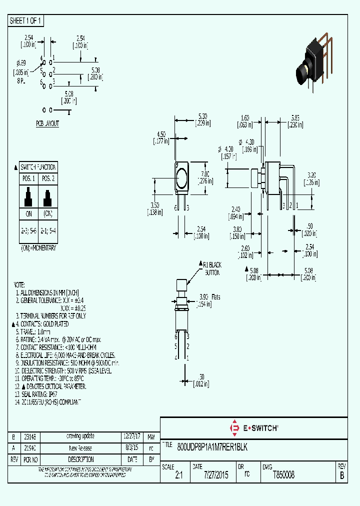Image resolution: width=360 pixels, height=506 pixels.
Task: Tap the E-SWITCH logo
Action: click(253, 428)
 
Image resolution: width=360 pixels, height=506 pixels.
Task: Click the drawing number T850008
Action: click(284, 476)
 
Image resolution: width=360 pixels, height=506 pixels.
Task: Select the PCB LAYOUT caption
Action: click(47, 123)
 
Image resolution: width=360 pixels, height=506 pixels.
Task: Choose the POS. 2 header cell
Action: click(48, 178)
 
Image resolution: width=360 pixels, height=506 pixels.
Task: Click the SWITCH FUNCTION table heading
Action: click(38, 167)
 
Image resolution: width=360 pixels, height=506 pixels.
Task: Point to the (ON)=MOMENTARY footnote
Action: click(38, 247)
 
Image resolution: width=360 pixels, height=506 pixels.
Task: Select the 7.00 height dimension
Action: click(204, 177)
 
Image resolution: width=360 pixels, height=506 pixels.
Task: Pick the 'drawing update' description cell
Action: click(80, 436)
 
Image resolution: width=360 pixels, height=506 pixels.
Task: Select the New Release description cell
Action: click(80, 448)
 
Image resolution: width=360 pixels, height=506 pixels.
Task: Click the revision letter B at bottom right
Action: click(342, 476)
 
